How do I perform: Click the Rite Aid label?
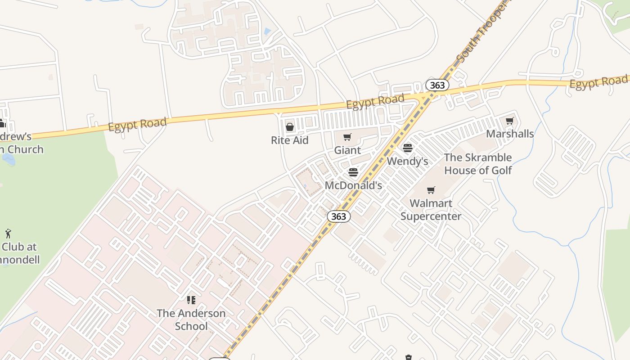click(x=289, y=140)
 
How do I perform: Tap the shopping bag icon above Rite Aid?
click(x=290, y=127)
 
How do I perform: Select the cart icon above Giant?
click(x=347, y=137)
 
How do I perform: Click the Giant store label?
click(x=347, y=150)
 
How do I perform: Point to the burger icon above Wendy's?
click(x=408, y=148)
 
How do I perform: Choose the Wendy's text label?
click(x=407, y=161)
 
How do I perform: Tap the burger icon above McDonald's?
click(x=353, y=172)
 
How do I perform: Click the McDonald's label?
click(x=353, y=185)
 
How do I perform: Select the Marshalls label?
click(x=510, y=134)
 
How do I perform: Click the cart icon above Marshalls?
click(x=510, y=121)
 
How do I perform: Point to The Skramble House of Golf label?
click(x=478, y=164)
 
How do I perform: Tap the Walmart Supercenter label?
click(x=431, y=210)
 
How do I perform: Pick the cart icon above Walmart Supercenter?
click(x=431, y=190)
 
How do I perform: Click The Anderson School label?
click(x=191, y=319)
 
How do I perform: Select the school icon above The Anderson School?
click(x=191, y=300)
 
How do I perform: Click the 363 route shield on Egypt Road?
click(x=437, y=85)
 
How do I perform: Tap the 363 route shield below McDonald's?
click(x=338, y=216)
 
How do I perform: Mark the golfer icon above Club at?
click(x=8, y=234)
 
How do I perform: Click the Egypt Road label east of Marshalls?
click(x=598, y=82)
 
